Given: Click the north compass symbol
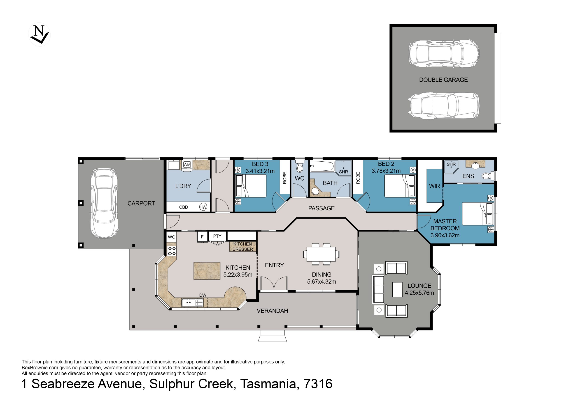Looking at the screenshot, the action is pyautogui.click(x=39, y=35).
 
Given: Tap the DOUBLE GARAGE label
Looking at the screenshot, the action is pyautogui.click(x=443, y=80).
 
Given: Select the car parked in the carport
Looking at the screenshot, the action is pyautogui.click(x=105, y=203).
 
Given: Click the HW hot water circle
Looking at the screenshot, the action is pyautogui.click(x=203, y=207).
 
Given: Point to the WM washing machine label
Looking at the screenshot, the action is pyautogui.click(x=187, y=165).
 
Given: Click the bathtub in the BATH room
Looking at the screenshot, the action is pyautogui.click(x=322, y=166).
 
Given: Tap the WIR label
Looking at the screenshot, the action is pyautogui.click(x=434, y=186).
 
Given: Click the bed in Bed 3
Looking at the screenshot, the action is pyautogui.click(x=250, y=186).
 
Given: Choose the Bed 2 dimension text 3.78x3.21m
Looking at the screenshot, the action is pyautogui.click(x=386, y=171).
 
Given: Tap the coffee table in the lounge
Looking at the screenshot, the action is pyautogui.click(x=397, y=290).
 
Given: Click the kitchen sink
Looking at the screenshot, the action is pyautogui.click(x=192, y=303).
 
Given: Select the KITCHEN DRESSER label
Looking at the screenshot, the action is pyautogui.click(x=242, y=247).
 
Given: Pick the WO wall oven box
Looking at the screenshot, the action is pyautogui.click(x=171, y=237).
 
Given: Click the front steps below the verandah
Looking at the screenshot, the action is pyautogui.click(x=272, y=336).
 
